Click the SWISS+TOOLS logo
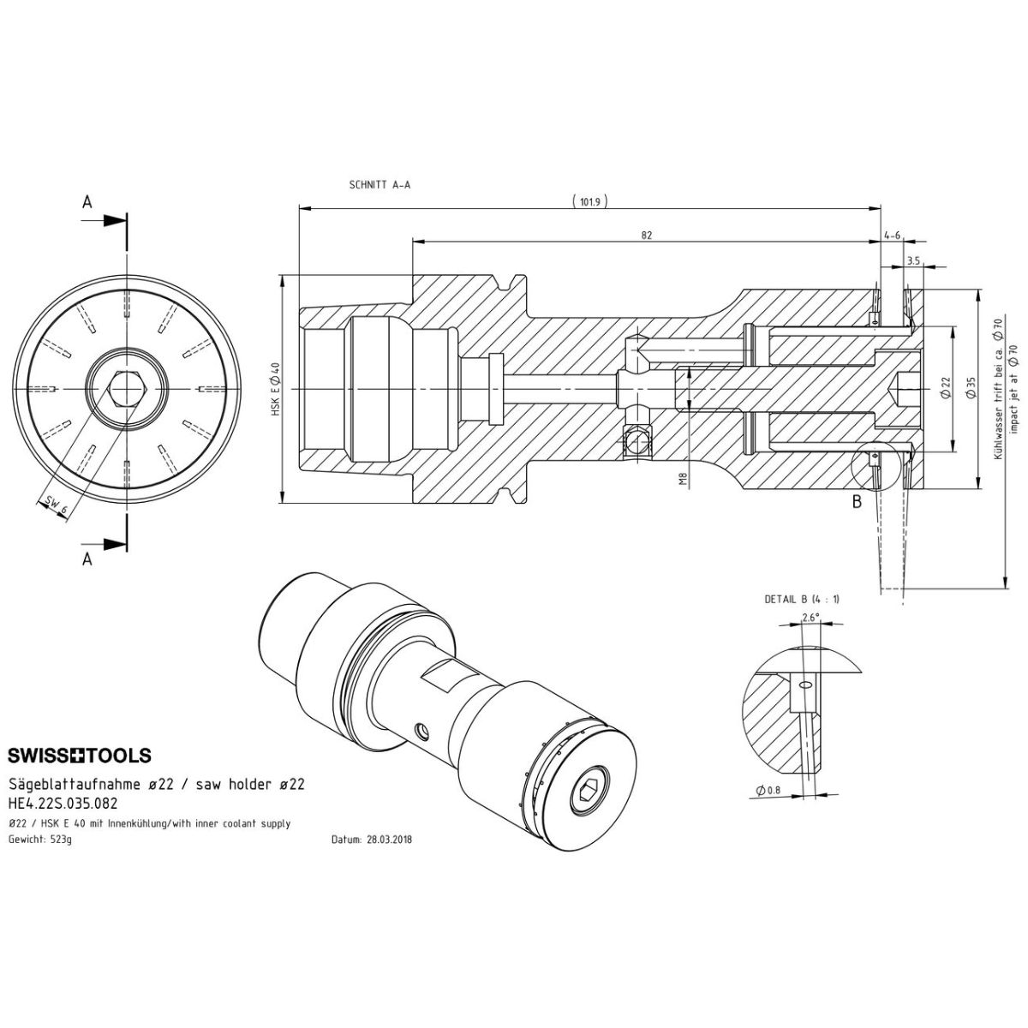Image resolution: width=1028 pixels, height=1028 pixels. pos(80,756)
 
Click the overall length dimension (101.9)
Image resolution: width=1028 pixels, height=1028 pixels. pos(589,202)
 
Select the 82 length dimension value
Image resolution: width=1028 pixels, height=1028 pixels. pos(646,236)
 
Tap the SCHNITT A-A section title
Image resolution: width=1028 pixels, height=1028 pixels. pos(380,184)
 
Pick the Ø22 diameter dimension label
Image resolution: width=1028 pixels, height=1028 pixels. pos(945,388)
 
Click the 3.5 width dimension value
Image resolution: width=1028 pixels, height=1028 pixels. pos(912,260)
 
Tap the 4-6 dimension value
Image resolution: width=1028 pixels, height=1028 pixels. pos(891,236)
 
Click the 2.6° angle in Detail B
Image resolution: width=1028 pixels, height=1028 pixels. pos(810,617)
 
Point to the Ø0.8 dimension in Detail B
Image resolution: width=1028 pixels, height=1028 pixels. pos(768,790)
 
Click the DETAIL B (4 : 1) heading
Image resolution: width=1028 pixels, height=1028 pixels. pos(802,599)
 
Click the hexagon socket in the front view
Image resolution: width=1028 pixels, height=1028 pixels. pos(127,390)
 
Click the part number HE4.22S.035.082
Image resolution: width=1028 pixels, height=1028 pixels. pos(63,804)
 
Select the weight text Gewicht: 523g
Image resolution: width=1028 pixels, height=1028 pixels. pos(40,840)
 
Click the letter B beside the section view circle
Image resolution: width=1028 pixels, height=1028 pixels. pos(856,503)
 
